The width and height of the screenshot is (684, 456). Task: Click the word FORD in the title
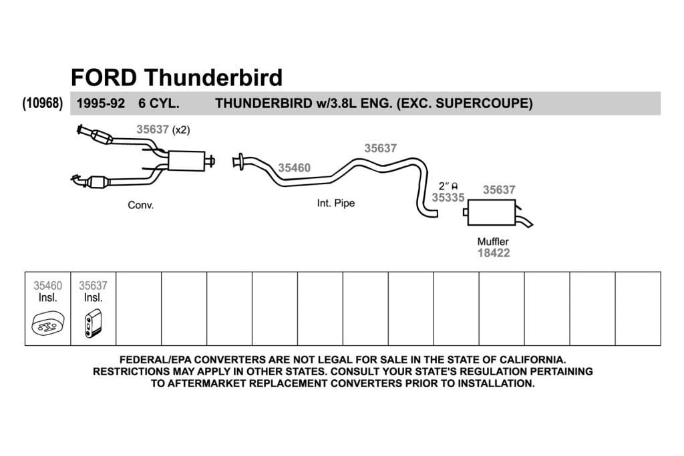(104, 77)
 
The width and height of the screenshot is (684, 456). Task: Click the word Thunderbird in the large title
(214, 77)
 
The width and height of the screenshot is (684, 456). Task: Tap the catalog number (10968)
(43, 103)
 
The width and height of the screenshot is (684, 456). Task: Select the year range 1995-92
(101, 103)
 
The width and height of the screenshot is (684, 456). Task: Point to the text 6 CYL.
(159, 103)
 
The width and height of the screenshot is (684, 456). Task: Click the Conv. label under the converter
(140, 205)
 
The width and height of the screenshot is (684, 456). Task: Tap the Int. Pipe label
(336, 203)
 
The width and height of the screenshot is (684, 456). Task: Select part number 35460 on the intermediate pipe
(295, 168)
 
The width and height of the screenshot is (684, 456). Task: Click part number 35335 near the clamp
(448, 198)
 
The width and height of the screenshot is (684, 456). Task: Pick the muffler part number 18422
(494, 253)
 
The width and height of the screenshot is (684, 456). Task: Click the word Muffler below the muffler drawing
(493, 241)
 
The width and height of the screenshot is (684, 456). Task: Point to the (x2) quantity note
(181, 130)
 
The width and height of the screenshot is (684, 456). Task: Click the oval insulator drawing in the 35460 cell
(48, 323)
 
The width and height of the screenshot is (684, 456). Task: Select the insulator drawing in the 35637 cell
(93, 323)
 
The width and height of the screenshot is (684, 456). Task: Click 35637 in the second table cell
(93, 286)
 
